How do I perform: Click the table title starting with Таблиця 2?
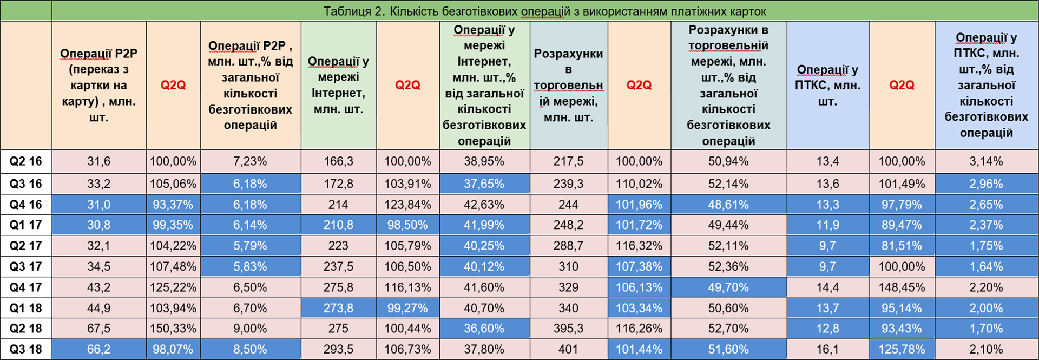(544, 11)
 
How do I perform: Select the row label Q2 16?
(26, 161)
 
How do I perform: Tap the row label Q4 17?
(26, 287)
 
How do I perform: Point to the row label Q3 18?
(26, 349)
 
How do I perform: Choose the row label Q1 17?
(26, 225)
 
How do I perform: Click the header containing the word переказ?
(99, 85)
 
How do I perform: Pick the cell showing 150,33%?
(173, 329)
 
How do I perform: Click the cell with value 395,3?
(568, 329)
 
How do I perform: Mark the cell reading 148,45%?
(902, 287)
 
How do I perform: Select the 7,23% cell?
(250, 161)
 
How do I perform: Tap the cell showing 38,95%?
(484, 161)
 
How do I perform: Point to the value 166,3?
(338, 161)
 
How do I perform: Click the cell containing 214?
(338, 205)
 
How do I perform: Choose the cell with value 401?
(568, 349)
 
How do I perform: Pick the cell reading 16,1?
(827, 349)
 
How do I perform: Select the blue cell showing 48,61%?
(728, 205)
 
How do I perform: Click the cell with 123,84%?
(407, 205)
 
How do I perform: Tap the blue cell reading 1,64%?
(986, 266)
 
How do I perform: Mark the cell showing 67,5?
(99, 329)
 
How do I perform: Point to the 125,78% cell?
(902, 349)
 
